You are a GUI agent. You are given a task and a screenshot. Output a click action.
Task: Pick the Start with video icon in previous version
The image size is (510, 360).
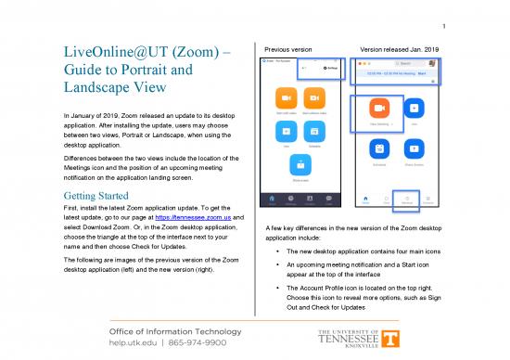(287, 98)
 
